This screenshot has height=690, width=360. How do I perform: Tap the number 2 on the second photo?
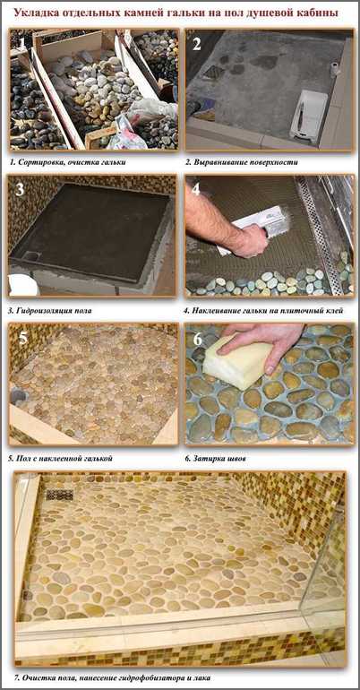click(x=196, y=44)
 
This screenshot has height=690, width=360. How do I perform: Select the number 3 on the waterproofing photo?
click(x=20, y=189)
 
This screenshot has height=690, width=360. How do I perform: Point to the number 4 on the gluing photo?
click(x=196, y=189)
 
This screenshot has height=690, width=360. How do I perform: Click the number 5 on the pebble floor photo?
click(x=23, y=338)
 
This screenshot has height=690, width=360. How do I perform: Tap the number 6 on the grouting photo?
click(x=198, y=339)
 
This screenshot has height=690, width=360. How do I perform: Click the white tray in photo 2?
click(x=309, y=116)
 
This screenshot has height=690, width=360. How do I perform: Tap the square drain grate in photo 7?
click(x=60, y=495)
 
